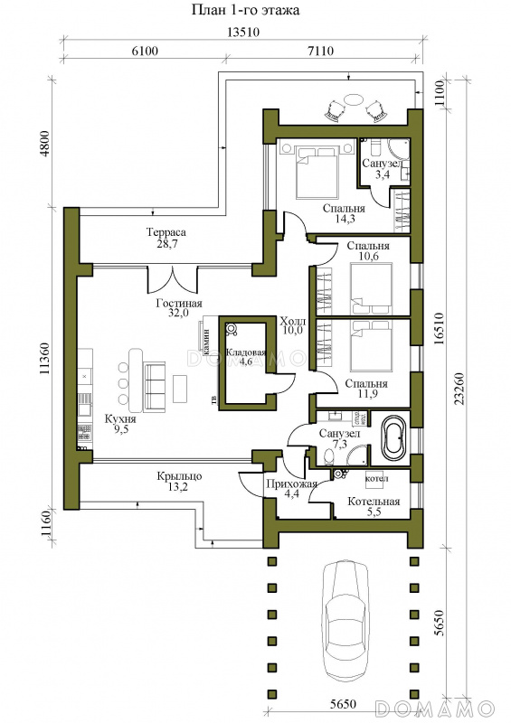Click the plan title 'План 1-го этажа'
(x=246, y=10)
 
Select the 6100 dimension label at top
(x=145, y=51)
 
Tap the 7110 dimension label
(x=320, y=51)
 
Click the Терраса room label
(x=166, y=232)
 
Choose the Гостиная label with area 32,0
(x=179, y=304)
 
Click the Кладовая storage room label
(x=246, y=352)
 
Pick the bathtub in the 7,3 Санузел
(x=393, y=435)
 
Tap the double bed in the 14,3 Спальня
(x=317, y=172)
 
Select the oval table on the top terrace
(x=355, y=100)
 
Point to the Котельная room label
(x=374, y=502)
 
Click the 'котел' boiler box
(x=376, y=479)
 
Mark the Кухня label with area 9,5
(x=120, y=419)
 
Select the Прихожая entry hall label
(x=292, y=484)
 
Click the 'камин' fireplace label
(x=206, y=340)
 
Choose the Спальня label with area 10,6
(x=368, y=246)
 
